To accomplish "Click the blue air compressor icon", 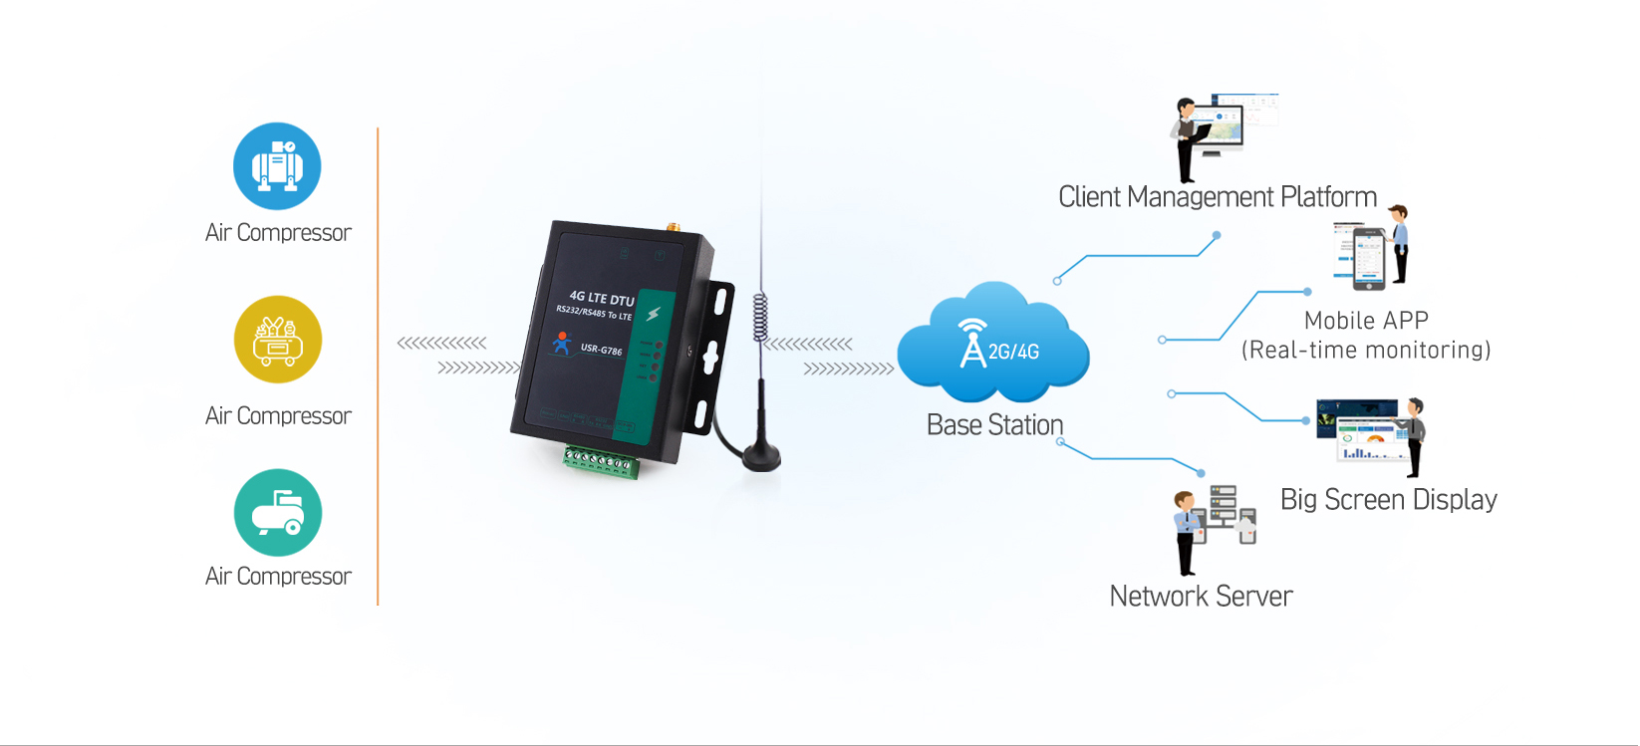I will click(x=277, y=166).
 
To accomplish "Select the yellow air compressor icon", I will click(x=277, y=340).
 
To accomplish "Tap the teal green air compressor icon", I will click(x=277, y=513).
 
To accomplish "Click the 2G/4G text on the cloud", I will click(x=1013, y=352).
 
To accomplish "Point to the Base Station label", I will click(x=994, y=425).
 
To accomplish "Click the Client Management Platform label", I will click(x=1217, y=197).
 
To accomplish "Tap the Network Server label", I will click(x=1201, y=597).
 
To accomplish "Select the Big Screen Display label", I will click(x=1388, y=500).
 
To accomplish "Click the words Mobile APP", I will click(x=1366, y=321).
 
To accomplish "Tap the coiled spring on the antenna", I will click(x=760, y=318).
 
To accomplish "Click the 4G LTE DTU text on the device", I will click(x=601, y=298).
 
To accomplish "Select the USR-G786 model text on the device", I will click(x=601, y=350).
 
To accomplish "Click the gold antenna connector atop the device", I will click(x=673, y=228).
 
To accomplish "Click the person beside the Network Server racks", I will click(x=1187, y=533).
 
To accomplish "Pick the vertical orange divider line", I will click(x=378, y=367).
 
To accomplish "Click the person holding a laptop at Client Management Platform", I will click(x=1186, y=139).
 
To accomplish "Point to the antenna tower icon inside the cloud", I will click(x=971, y=344).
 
